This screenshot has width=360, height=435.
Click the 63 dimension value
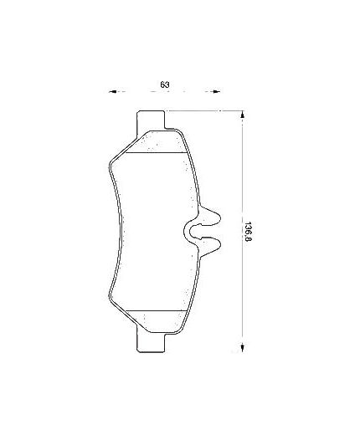point(165,84)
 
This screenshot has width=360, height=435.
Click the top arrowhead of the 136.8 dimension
point(243,115)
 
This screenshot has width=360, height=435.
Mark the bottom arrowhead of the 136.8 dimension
point(243,344)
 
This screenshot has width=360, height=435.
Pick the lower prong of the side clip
point(208,243)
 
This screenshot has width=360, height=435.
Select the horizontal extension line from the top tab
point(205,110)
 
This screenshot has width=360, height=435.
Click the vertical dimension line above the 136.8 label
point(243,167)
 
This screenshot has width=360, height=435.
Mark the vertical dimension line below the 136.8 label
point(243,293)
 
